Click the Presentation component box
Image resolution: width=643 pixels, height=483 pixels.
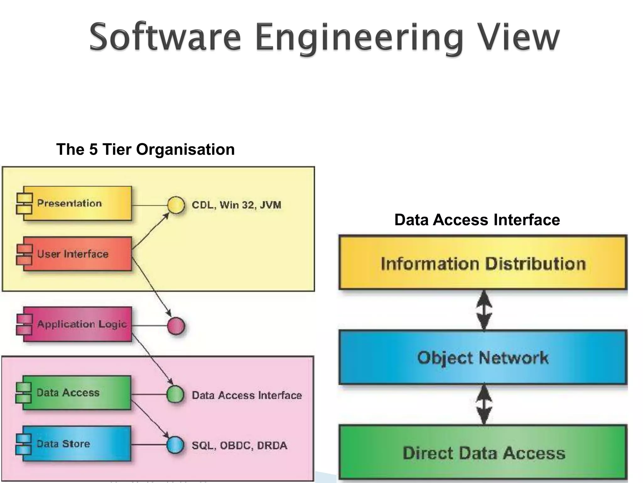[77, 203]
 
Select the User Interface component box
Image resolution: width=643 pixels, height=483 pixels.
[77, 254]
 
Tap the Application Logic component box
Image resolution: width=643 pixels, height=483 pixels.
[77, 324]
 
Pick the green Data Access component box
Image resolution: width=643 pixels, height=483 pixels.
[76, 393]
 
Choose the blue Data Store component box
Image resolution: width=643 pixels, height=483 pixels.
[76, 444]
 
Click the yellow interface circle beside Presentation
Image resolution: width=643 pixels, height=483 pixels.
[176, 205]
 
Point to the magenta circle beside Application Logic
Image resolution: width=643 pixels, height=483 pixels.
[176, 326]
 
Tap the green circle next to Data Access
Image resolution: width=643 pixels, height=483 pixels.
[175, 394]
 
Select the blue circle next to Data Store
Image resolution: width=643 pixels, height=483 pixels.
[175, 445]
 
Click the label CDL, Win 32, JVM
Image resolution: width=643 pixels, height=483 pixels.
[236, 205]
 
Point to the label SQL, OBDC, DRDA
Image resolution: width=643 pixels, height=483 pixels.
[239, 446]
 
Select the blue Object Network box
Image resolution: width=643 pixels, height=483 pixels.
[483, 358]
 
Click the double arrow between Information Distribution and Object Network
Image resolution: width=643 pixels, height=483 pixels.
[484, 310]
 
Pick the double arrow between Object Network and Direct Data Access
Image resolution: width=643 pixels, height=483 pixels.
[484, 405]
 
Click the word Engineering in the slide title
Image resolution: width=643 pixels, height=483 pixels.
[359, 38]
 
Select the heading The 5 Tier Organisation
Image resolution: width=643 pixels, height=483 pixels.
[145, 149]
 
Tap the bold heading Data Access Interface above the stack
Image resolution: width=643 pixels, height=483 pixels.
[477, 219]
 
